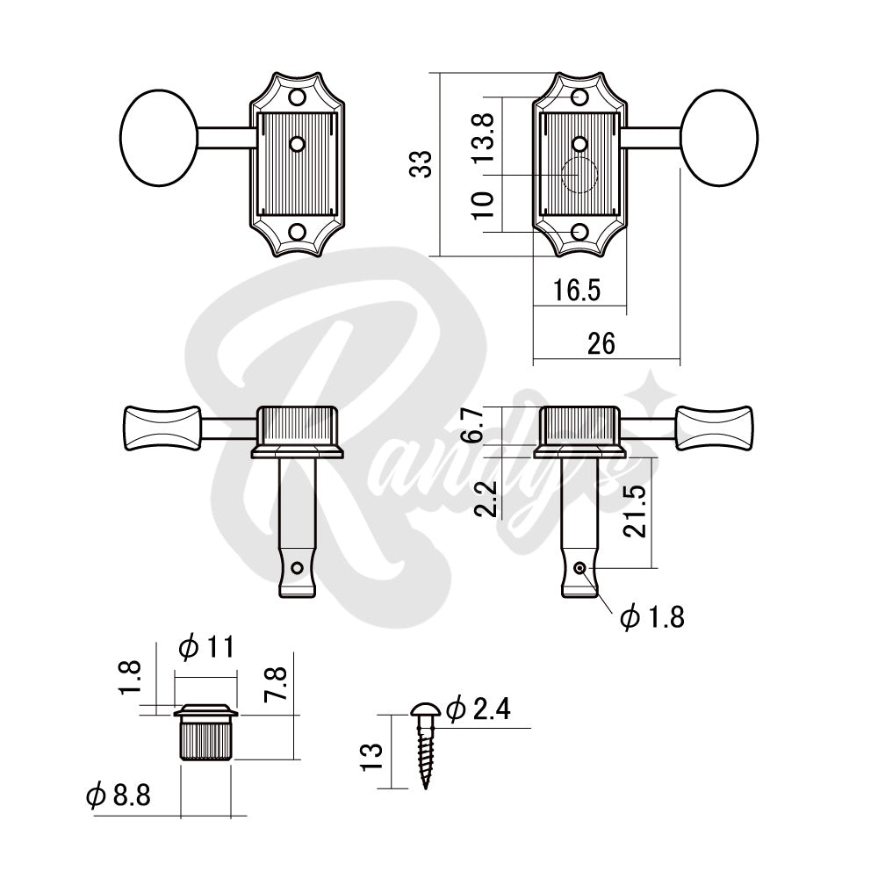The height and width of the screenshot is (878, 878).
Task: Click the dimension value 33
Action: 422,163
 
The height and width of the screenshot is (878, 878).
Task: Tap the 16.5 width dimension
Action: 577,291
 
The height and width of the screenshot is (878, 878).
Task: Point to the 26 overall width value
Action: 602,343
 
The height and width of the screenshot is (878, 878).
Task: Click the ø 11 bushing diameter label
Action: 205,648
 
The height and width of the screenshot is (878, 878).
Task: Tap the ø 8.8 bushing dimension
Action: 119,796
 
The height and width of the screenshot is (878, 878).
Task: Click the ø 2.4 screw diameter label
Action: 479,709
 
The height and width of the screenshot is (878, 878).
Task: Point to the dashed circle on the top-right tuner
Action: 579,176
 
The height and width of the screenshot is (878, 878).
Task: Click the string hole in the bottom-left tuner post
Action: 299,567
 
